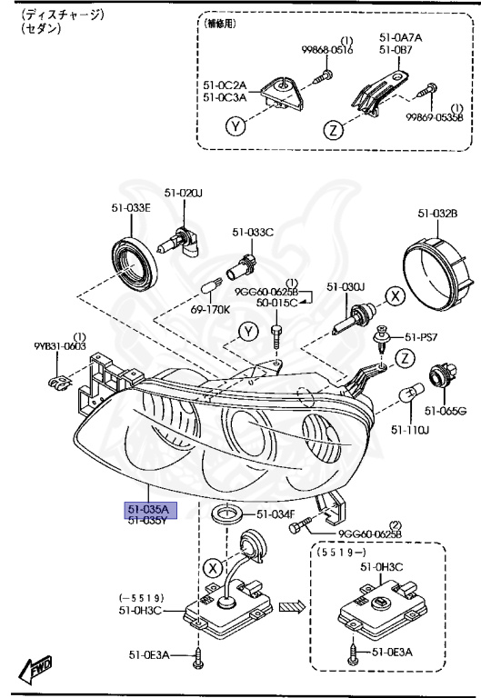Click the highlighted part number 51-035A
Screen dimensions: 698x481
click(146, 509)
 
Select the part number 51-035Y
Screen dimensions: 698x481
click(146, 521)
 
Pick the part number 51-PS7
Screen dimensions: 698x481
click(422, 337)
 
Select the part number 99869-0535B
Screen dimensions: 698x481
click(435, 116)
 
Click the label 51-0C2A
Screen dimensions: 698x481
click(224, 85)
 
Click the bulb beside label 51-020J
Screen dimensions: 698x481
click(184, 241)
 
